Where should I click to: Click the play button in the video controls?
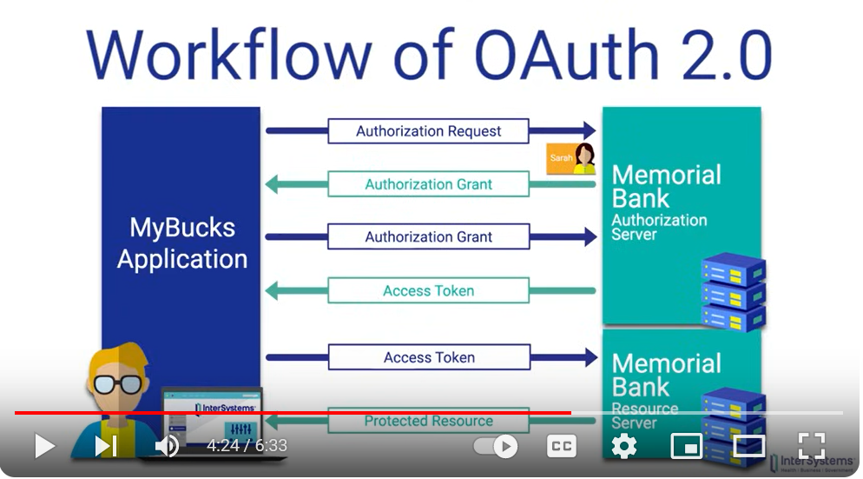(x=43, y=446)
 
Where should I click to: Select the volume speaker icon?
(x=167, y=446)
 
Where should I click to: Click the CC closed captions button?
(x=562, y=446)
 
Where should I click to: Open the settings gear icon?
(x=623, y=446)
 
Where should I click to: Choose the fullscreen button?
(x=811, y=446)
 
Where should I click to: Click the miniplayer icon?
(x=686, y=446)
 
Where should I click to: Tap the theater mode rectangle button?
(x=748, y=446)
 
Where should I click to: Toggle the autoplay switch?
(x=496, y=447)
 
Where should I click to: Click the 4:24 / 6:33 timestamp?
(x=247, y=446)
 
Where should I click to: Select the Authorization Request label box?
(x=428, y=131)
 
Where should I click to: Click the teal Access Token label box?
(x=428, y=290)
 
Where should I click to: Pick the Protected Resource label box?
(x=428, y=422)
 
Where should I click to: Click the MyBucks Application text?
(x=182, y=243)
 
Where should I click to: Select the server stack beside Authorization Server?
(x=733, y=291)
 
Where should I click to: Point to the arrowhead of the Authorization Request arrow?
(x=590, y=131)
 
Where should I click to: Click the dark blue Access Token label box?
(x=429, y=357)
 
